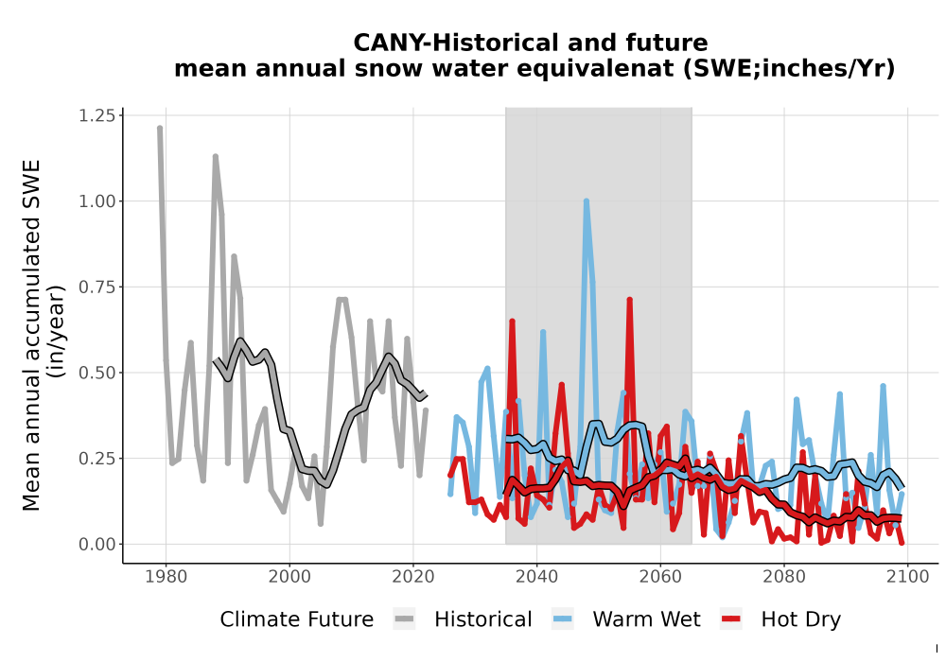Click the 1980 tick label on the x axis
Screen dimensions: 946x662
(x=166, y=577)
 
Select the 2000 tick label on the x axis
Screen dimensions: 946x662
(x=289, y=577)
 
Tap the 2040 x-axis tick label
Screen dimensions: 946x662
(x=537, y=577)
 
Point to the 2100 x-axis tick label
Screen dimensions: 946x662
(x=908, y=577)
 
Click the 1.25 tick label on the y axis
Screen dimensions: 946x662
(x=97, y=115)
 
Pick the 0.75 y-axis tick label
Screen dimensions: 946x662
(x=97, y=287)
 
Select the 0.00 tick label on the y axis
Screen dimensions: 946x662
(x=97, y=545)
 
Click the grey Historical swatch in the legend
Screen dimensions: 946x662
(x=404, y=619)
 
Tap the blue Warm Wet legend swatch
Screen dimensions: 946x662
(x=562, y=619)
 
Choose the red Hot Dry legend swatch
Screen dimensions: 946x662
(x=731, y=619)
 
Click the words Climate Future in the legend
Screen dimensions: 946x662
(x=297, y=619)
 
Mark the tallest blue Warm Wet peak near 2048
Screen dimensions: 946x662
(x=586, y=201)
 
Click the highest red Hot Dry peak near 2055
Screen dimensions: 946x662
(x=629, y=300)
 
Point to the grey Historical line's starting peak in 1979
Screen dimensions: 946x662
(x=160, y=128)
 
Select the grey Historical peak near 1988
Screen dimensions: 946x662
(x=216, y=157)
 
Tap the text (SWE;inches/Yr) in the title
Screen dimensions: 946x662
(x=789, y=68)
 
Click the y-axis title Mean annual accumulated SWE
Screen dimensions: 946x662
(x=31, y=335)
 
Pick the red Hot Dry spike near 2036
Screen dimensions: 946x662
(x=512, y=322)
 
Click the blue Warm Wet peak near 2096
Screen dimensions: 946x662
(x=884, y=386)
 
